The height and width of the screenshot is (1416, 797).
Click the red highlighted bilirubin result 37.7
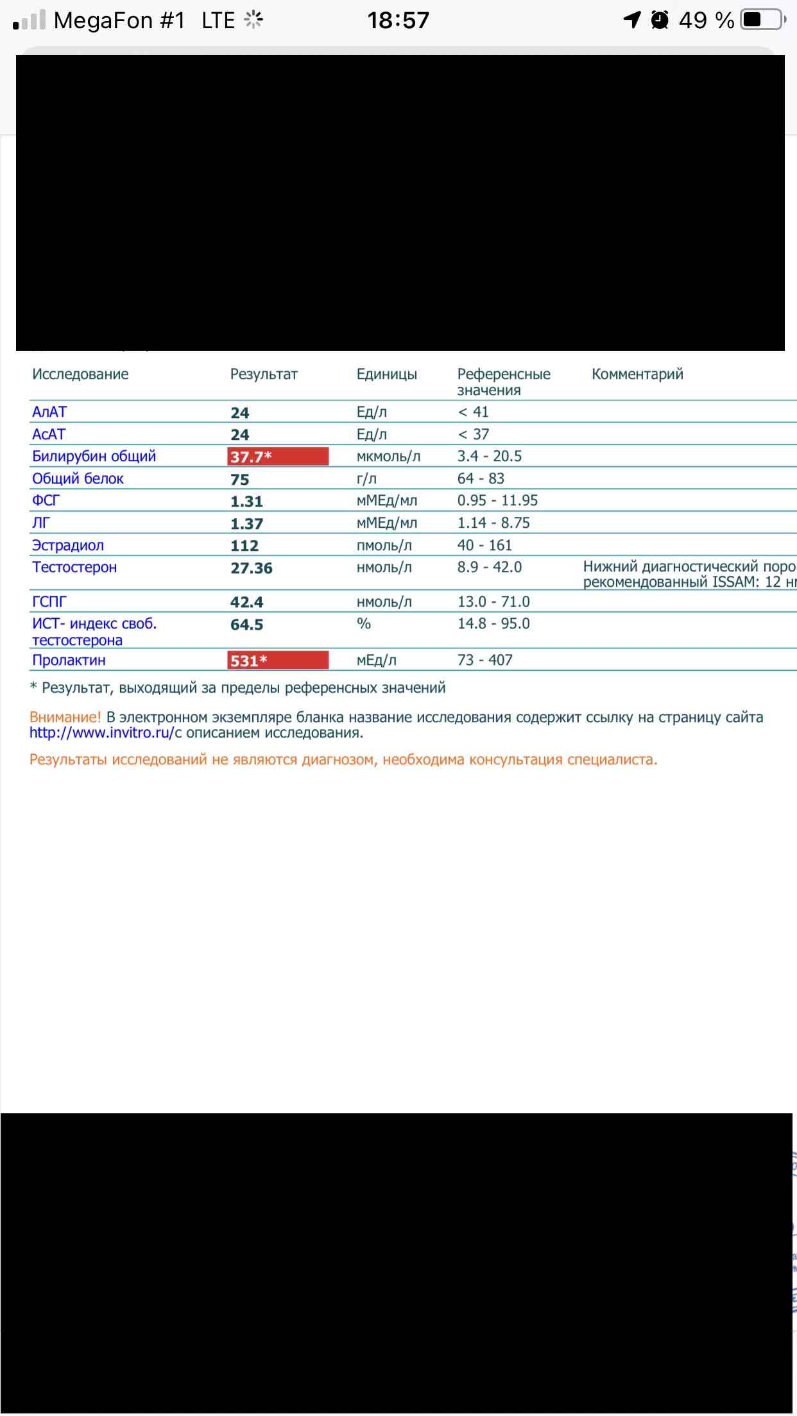point(277,457)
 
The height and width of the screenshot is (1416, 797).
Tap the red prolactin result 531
point(277,661)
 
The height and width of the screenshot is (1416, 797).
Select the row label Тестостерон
point(74,568)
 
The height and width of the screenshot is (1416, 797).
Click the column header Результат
point(264,375)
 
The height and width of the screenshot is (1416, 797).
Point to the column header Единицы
point(386,375)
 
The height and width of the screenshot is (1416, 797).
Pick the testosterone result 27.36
point(252,568)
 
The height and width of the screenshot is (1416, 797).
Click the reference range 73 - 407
point(484,661)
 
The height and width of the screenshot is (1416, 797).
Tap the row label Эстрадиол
point(68,546)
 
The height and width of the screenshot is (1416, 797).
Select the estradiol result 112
point(244,546)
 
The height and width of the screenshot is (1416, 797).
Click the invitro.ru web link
point(101,733)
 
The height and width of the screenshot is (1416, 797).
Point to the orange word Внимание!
point(65,718)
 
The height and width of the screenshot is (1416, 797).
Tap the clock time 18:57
point(398,21)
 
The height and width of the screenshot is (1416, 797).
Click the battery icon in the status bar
point(762,21)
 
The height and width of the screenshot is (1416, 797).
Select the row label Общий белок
point(78,479)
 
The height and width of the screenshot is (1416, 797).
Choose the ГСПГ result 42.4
point(246,602)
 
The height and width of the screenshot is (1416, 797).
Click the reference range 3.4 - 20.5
point(489,457)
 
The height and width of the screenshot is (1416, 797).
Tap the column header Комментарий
point(637,375)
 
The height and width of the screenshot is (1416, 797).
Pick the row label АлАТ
point(49,412)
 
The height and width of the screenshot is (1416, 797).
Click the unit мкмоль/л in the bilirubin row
point(388,457)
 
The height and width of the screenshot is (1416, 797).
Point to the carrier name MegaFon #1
point(119,21)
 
